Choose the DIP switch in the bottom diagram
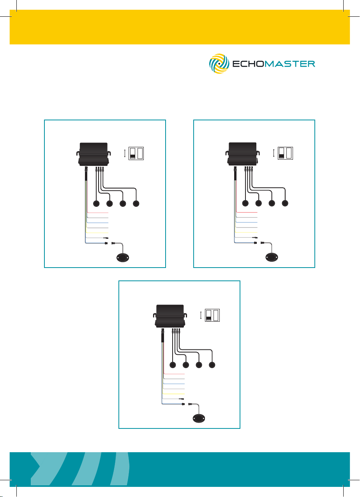(x=213, y=315)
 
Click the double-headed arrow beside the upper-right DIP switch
(x=274, y=153)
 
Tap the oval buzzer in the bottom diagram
(x=200, y=419)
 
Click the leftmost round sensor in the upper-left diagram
(x=97, y=204)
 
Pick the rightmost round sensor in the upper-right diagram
(x=285, y=204)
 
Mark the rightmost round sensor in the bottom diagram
(x=212, y=365)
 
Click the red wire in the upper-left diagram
(x=98, y=213)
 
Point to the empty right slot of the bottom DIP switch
(x=216, y=315)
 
